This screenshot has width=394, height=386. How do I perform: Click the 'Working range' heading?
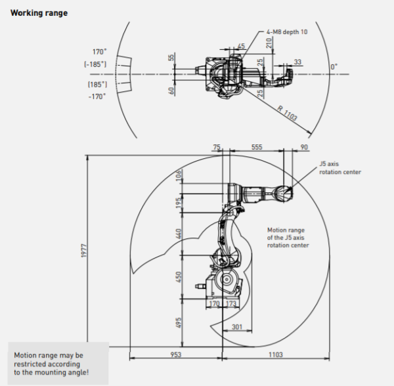click(x=39, y=13)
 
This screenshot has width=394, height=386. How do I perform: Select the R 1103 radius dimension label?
click(x=287, y=113)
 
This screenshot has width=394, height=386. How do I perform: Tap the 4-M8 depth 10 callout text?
click(x=287, y=32)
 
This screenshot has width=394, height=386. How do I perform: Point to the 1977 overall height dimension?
click(x=83, y=250)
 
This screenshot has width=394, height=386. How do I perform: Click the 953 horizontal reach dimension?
click(x=175, y=354)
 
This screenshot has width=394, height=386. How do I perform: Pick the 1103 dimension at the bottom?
click(x=276, y=354)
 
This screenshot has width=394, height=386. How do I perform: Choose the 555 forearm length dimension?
click(x=257, y=147)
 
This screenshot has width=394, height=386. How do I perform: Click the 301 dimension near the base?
click(x=236, y=327)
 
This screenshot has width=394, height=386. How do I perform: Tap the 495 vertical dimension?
click(x=178, y=322)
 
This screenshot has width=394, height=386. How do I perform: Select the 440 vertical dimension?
click(x=178, y=234)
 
